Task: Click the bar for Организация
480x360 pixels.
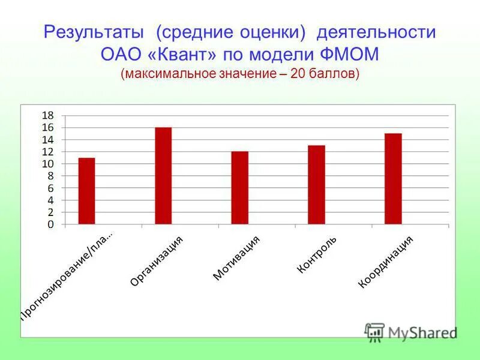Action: coord(163,176)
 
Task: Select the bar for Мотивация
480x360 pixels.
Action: coord(239,188)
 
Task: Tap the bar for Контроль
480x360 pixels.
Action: coord(316,185)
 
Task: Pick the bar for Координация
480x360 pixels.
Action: coord(393,179)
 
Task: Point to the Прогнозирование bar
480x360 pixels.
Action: coord(86,191)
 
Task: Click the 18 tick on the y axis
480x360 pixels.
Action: coord(47,115)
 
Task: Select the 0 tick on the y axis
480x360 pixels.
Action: coord(50,224)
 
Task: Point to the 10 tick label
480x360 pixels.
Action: coord(47,164)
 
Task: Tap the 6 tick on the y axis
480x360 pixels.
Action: coord(50,188)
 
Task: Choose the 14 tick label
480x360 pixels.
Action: coord(47,140)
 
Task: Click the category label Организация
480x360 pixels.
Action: coord(157,260)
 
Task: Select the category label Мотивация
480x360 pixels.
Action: coord(236,258)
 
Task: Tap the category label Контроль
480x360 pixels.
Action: coord(317,255)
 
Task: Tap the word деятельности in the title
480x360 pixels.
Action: coord(377,32)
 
